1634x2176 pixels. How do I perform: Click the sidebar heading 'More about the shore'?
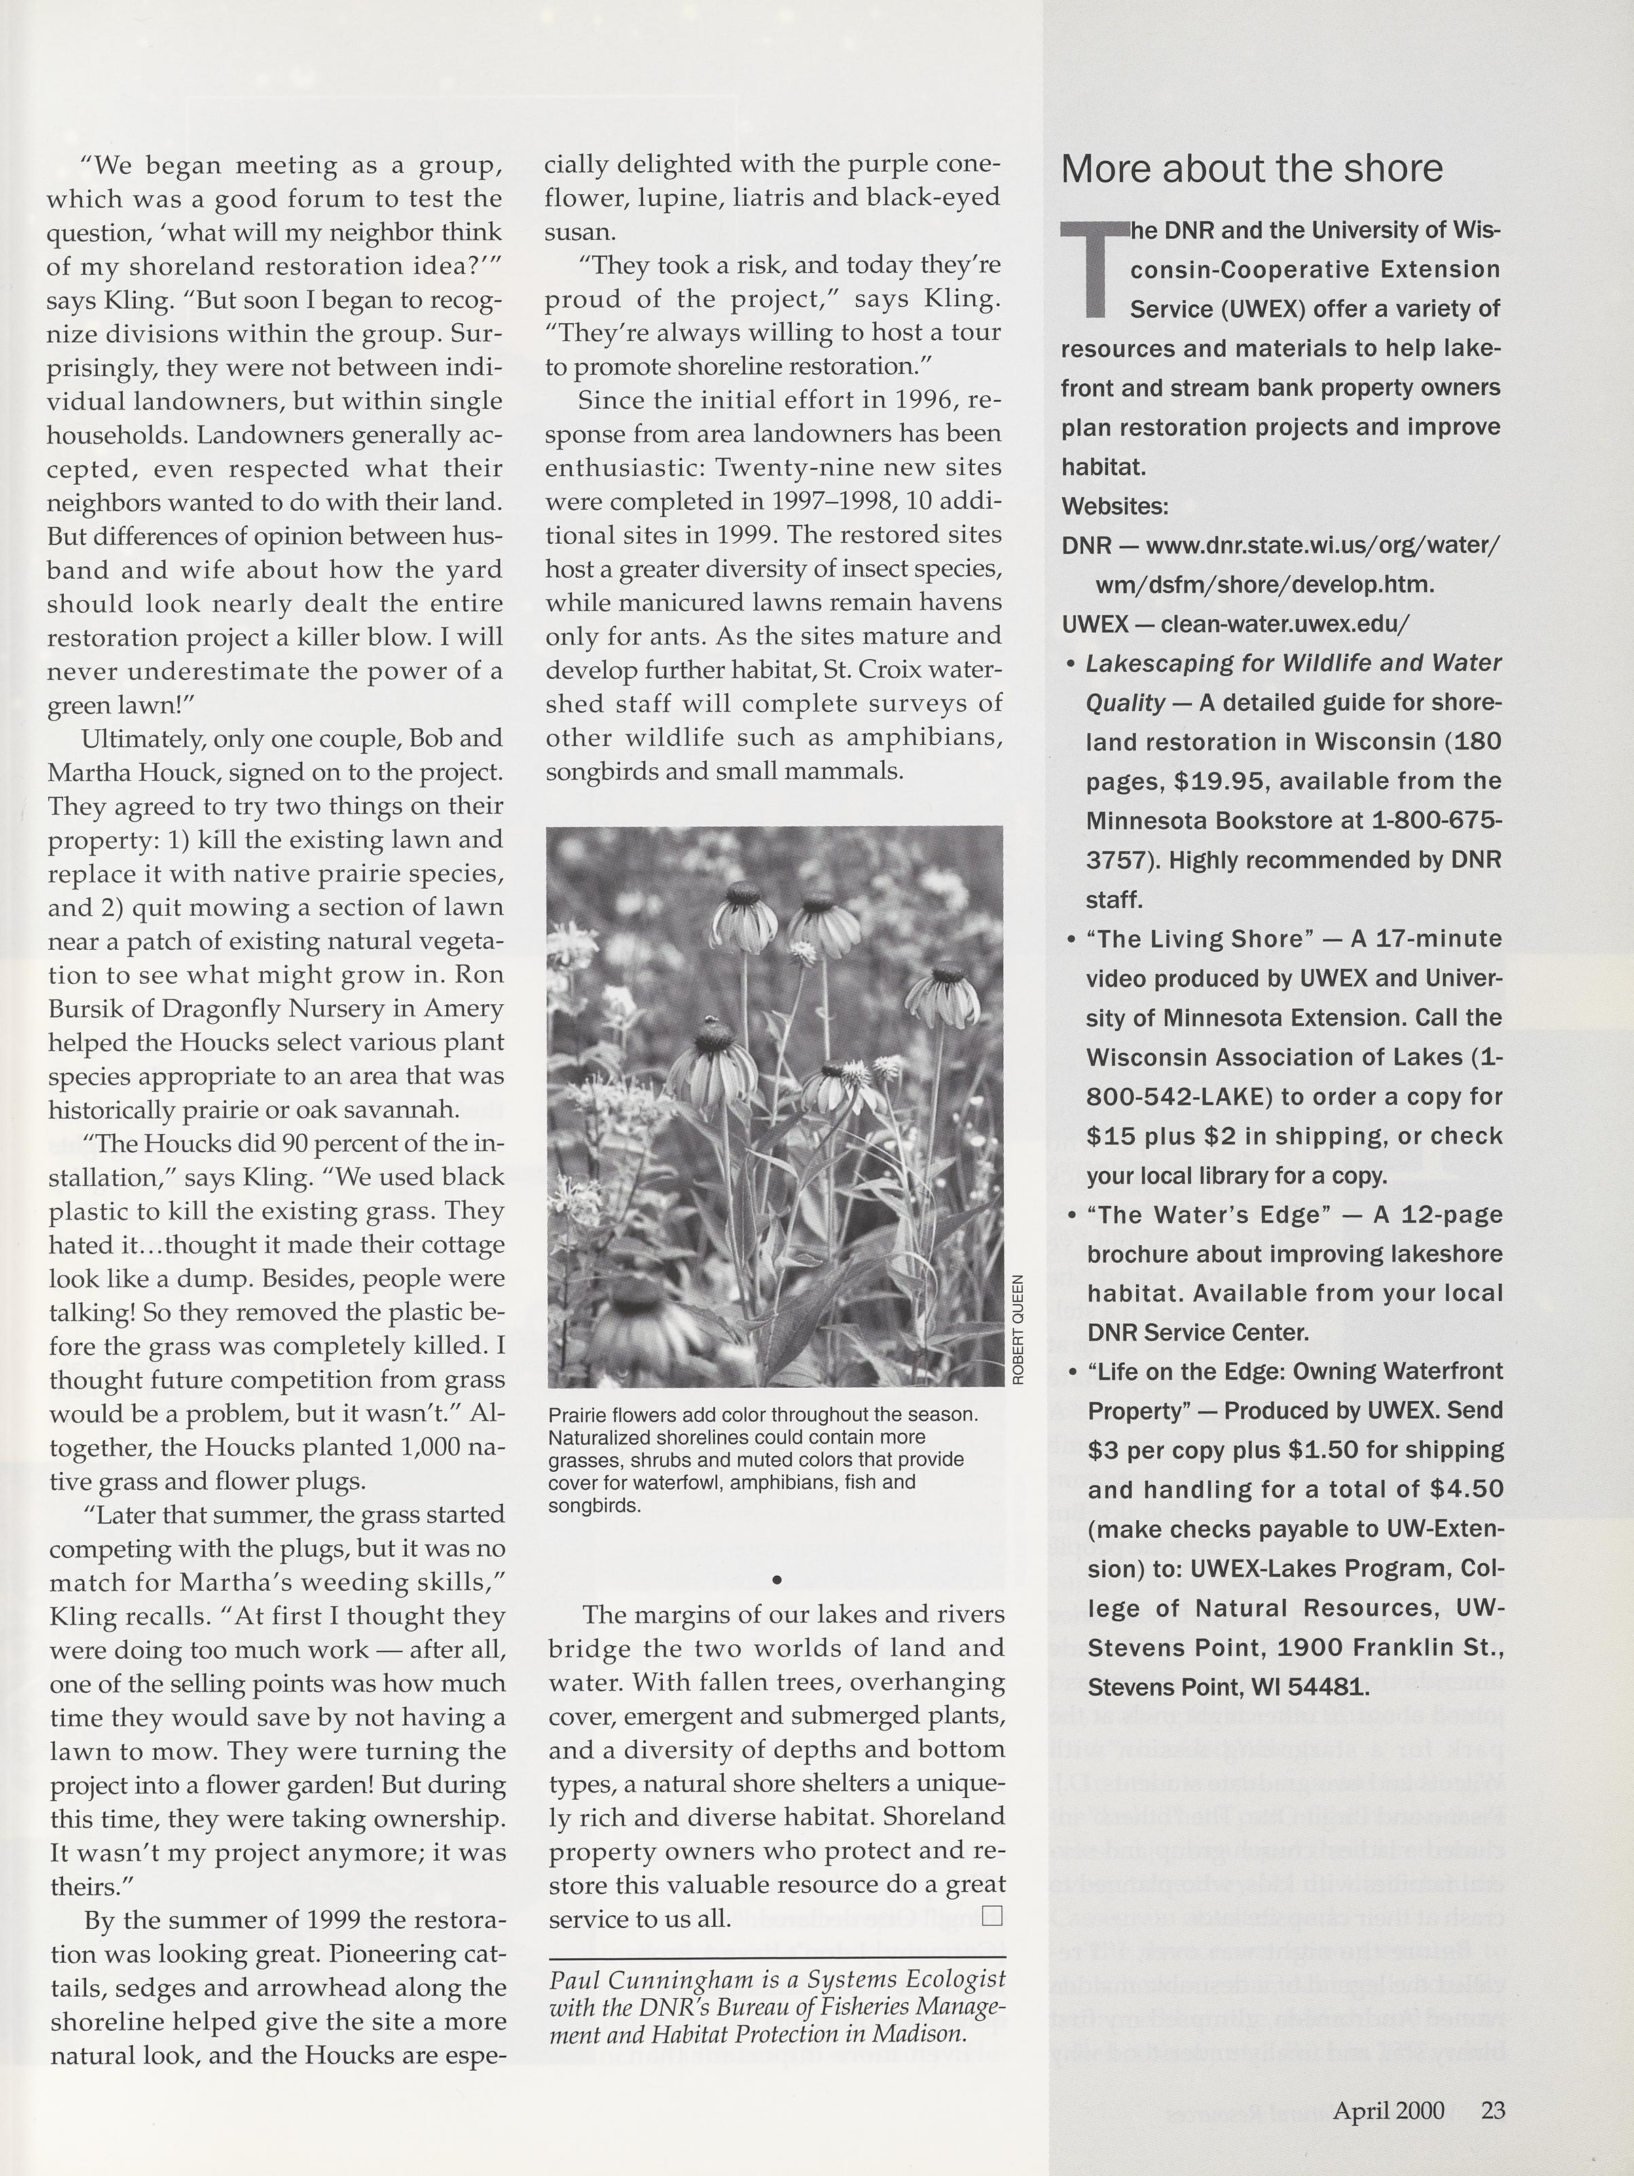click(x=1252, y=169)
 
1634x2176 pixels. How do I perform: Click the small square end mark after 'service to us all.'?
click(x=992, y=1915)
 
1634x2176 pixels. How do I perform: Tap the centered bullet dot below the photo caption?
click(x=776, y=1579)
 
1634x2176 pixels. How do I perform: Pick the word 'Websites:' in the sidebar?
click(x=1114, y=506)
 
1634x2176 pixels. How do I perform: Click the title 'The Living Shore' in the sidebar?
click(x=1200, y=940)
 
